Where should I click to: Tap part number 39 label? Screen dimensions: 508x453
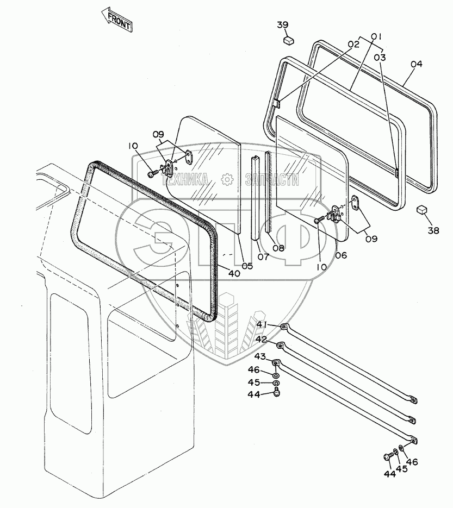point(283,25)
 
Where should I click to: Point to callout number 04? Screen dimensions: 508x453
point(416,64)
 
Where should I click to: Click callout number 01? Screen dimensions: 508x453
point(376,37)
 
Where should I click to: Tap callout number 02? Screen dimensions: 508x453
point(354,45)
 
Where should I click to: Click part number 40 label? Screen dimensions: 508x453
point(234,273)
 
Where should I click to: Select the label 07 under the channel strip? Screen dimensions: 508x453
point(263,256)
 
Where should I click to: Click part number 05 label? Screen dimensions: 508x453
point(247,266)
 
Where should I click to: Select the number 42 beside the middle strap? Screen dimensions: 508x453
point(262,340)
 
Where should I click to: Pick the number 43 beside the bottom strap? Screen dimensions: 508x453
point(260,356)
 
